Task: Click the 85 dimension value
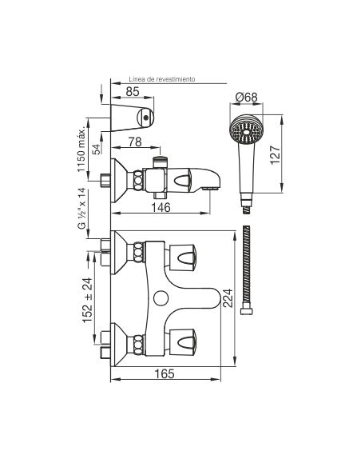(x=133, y=91)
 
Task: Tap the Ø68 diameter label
(x=246, y=97)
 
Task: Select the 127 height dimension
(x=275, y=154)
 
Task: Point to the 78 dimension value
(x=135, y=142)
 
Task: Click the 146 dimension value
(x=161, y=207)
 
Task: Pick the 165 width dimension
(x=165, y=373)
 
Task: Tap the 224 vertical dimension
(x=228, y=297)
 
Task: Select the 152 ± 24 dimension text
(x=88, y=300)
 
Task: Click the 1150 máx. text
(x=81, y=149)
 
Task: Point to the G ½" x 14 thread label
(x=81, y=208)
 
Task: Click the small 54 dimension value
(x=96, y=150)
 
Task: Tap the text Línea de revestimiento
(x=162, y=79)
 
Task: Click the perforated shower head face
(x=246, y=130)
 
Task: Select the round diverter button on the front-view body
(x=161, y=297)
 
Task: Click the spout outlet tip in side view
(x=210, y=189)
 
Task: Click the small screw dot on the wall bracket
(x=145, y=118)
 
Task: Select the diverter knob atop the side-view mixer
(x=160, y=162)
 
